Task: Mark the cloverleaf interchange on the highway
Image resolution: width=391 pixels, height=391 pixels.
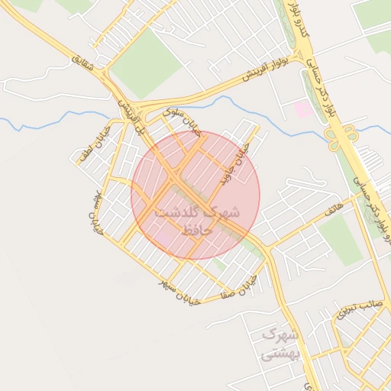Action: [x=341, y=137]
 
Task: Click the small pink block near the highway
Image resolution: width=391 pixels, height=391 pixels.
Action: [x=303, y=109]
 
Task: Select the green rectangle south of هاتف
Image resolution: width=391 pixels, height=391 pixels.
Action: [x=340, y=241]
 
